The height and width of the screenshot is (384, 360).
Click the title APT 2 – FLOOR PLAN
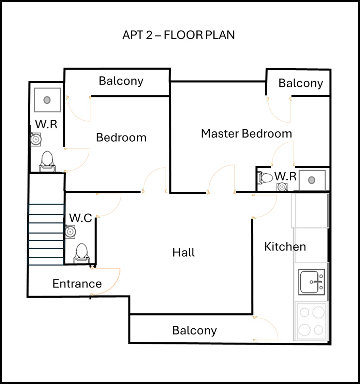(178, 35)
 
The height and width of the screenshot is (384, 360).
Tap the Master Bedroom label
(246, 133)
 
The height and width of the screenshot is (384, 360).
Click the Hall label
(183, 253)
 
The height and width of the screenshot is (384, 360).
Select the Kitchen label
(285, 246)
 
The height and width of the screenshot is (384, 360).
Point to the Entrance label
(77, 284)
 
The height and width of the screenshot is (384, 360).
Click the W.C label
(80, 218)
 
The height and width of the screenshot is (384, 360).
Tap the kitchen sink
(312, 282)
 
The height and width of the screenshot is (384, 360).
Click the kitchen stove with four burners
(312, 321)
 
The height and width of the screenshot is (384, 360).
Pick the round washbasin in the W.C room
(70, 232)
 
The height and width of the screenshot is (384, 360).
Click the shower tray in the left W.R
(47, 100)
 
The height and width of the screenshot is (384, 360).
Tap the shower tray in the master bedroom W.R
(312, 180)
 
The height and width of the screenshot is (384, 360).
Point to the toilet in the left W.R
(47, 161)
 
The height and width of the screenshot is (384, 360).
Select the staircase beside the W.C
(46, 234)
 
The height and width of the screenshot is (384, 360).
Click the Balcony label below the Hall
(194, 330)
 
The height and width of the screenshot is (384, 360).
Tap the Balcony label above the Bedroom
(121, 81)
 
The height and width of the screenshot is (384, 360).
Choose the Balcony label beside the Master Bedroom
(300, 83)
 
